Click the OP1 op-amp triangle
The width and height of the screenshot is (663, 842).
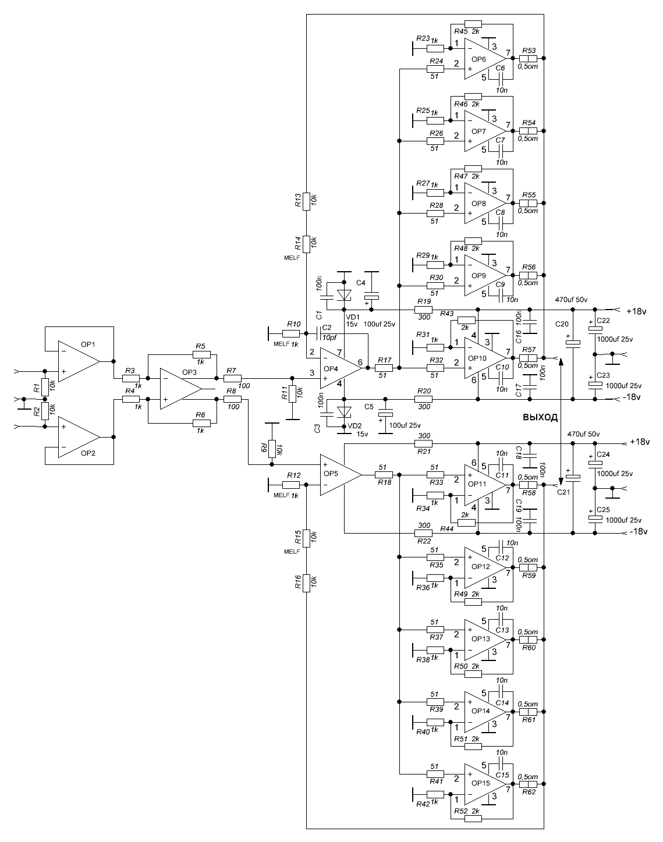(x=79, y=361)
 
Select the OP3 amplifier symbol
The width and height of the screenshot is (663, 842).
(x=180, y=389)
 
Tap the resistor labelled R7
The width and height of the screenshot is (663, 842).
(x=232, y=378)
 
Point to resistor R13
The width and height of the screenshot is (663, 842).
(x=306, y=201)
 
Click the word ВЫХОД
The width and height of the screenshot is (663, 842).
(x=540, y=417)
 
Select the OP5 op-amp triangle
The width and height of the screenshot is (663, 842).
(x=341, y=475)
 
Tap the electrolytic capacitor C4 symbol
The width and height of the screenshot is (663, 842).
(x=371, y=297)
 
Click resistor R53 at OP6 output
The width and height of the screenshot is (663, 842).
(x=528, y=58)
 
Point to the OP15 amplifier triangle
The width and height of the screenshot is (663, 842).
(x=485, y=784)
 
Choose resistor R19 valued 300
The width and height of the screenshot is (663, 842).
(x=424, y=310)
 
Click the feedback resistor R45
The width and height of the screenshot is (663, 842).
(x=473, y=24)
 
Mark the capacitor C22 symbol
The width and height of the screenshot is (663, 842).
(x=595, y=329)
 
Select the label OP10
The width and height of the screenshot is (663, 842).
(x=477, y=358)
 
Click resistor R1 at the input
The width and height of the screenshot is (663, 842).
(x=45, y=387)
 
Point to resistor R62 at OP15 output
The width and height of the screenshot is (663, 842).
(x=528, y=784)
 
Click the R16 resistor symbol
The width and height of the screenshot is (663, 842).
(x=306, y=584)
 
